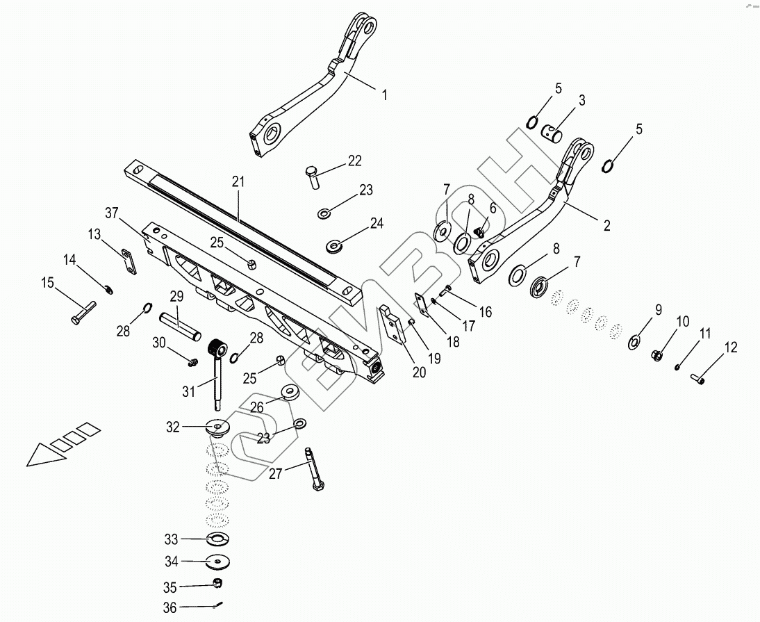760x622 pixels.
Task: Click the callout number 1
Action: [x=384, y=95]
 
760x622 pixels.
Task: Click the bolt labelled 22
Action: [x=313, y=177]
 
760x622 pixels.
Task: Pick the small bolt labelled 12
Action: [x=697, y=379]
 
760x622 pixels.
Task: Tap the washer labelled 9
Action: [x=634, y=341]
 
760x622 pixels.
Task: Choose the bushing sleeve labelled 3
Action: [x=554, y=132]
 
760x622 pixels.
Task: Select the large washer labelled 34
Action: [x=217, y=562]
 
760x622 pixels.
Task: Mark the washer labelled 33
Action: [x=217, y=539]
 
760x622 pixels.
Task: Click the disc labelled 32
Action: [x=218, y=427]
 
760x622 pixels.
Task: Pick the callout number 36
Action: [x=170, y=607]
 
